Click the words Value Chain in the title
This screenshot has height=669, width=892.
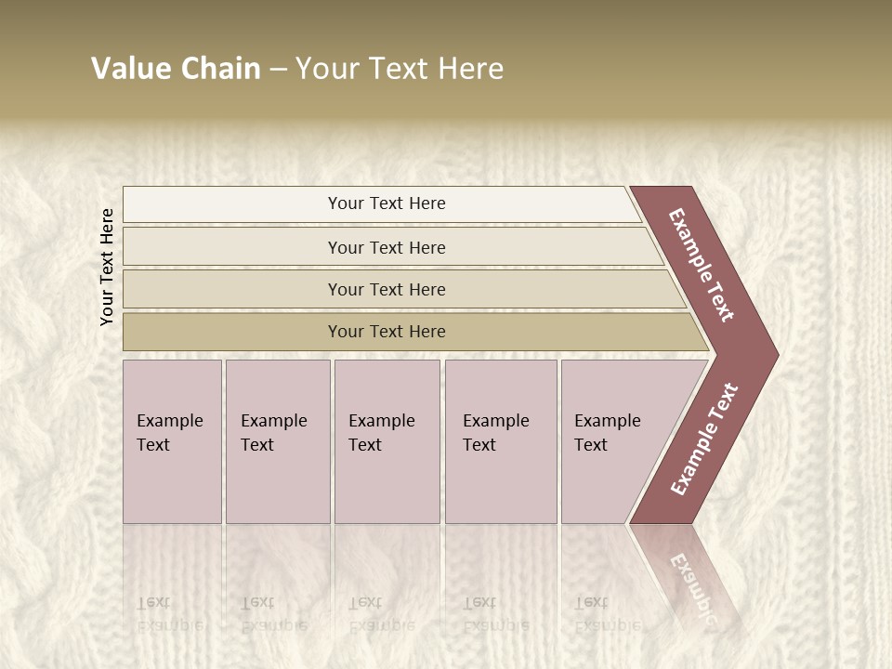[176, 69]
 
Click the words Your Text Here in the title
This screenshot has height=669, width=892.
[400, 69]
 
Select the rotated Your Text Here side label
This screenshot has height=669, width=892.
[107, 267]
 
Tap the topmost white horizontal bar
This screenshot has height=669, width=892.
[387, 203]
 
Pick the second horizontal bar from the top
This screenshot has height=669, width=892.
[387, 247]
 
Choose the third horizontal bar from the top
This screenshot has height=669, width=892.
[387, 289]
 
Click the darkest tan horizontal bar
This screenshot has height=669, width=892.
[387, 332]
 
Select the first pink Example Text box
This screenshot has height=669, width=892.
[172, 441]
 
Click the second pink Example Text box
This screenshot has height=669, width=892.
[277, 441]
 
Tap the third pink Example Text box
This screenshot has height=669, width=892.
[386, 441]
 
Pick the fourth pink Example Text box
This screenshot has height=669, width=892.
[500, 441]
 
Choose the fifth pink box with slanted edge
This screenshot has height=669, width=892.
[613, 441]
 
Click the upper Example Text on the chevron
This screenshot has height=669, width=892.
[702, 265]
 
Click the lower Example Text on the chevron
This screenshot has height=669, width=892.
[704, 439]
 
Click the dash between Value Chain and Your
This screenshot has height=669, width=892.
[278, 70]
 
